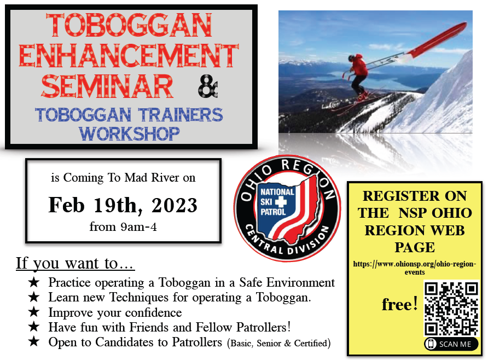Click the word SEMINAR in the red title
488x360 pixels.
pos(107,86)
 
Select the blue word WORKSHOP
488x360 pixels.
pos(129,134)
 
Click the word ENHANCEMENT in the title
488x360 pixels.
pos(129,55)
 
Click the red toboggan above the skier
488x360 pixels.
pos(435,40)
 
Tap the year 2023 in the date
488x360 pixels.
pos(175,205)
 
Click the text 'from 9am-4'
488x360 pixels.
pos(123,227)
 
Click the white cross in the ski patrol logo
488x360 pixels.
pos(281,202)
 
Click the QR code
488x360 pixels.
pos(451,309)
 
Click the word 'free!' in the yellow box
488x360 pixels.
pos(399,304)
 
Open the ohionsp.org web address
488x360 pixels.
pos(415,268)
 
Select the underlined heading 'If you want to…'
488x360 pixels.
pos(75,263)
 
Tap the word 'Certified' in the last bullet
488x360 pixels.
pos(311,343)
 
